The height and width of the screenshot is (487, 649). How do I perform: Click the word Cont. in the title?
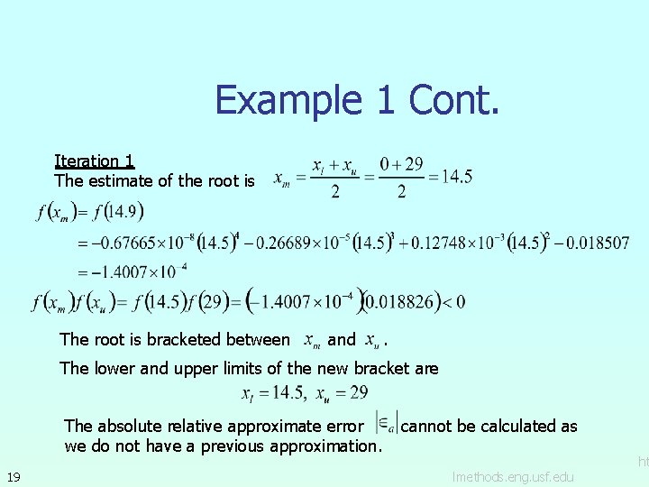[453, 99]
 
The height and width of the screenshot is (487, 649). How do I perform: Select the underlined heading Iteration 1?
[95, 161]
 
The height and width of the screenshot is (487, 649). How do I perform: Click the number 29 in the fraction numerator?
[414, 164]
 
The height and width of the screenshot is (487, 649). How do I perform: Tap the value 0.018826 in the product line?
[401, 301]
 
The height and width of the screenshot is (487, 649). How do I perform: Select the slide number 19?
[14, 476]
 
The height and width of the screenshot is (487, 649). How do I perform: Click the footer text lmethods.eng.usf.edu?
[512, 476]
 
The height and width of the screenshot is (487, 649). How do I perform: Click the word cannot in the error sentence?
[428, 426]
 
